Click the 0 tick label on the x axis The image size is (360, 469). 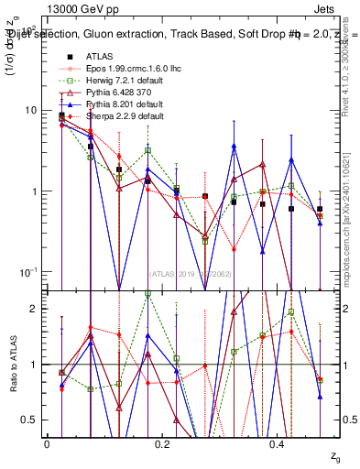point(47,443)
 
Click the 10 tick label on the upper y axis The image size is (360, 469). point(30,110)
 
